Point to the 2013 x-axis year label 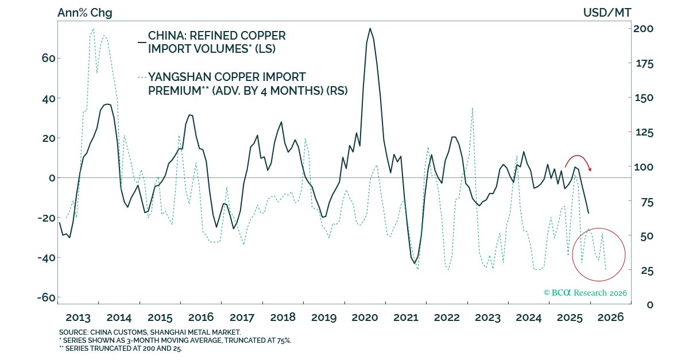pyautogui.click(x=78, y=317)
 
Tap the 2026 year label pyautogui.click(x=610, y=317)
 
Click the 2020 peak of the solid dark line pyautogui.click(x=370, y=28)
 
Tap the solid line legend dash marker pyautogui.click(x=142, y=42)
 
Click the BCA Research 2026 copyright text pyautogui.click(x=585, y=293)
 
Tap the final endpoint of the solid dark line pyautogui.click(x=589, y=214)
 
